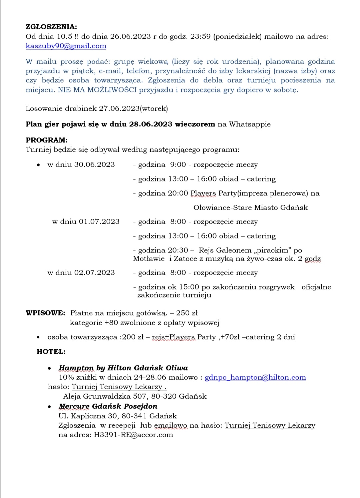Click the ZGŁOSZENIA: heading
[x=51, y=27]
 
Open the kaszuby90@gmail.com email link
[x=66, y=46]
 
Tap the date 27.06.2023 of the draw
[x=119, y=108]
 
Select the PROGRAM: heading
[x=46, y=140]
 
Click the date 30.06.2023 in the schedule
[x=95, y=164]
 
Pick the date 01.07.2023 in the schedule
[x=99, y=221]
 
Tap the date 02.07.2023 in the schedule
[x=94, y=273]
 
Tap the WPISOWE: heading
[x=45, y=313]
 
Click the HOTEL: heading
[x=51, y=352]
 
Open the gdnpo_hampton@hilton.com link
[x=255, y=377]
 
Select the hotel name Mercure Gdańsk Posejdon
[x=108, y=406]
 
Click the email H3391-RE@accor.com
[x=133, y=435]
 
